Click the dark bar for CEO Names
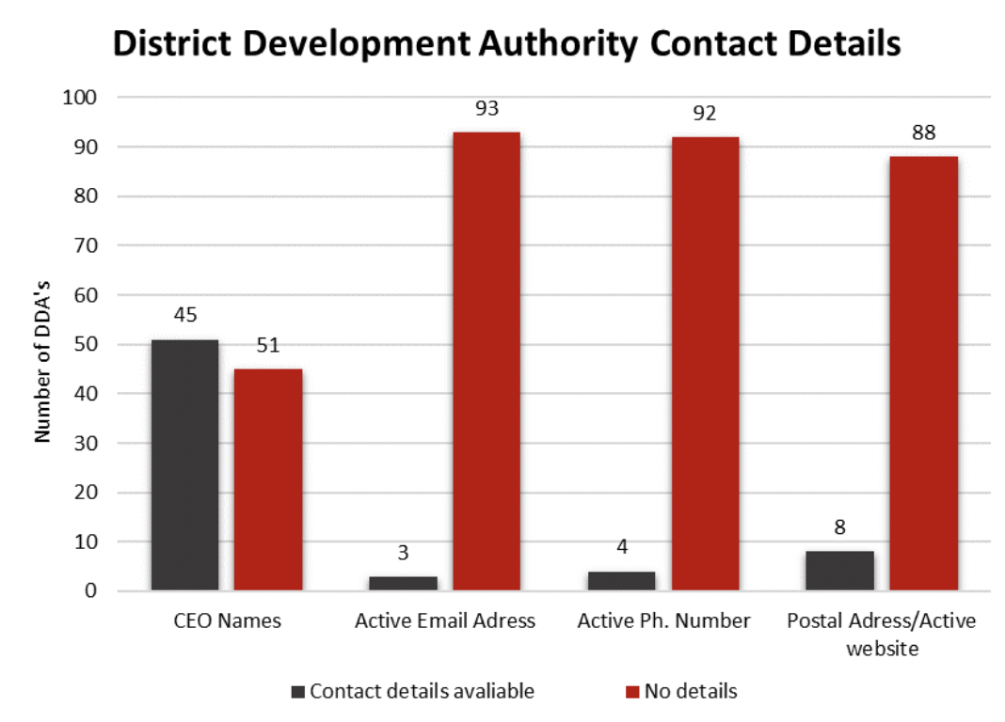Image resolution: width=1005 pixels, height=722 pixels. point(184,465)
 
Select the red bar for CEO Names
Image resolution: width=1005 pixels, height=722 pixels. point(268,479)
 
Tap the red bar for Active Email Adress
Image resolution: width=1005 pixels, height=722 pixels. point(487,362)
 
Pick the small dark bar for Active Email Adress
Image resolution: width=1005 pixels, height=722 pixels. point(403,583)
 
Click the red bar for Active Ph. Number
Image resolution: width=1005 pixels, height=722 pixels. point(705,364)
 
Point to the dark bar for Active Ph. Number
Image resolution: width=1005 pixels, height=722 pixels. point(621,581)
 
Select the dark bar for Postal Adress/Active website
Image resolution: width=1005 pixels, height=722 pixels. point(840,571)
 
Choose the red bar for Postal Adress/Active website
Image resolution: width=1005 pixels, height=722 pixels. point(923,373)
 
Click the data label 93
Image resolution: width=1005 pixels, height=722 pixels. point(487,110)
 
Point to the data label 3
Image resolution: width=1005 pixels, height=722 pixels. point(403,554)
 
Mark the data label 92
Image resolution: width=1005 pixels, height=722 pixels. point(705,115)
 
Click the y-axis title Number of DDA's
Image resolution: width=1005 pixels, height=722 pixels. point(43,344)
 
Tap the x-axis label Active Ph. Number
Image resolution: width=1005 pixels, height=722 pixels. point(664,621)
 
